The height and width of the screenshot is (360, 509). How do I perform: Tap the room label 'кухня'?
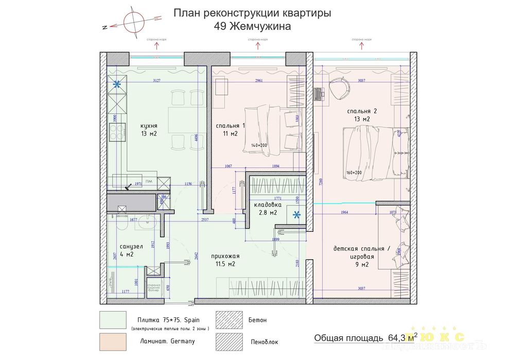click(x=149, y=125)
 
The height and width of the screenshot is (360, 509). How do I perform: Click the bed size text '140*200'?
click(x=259, y=146)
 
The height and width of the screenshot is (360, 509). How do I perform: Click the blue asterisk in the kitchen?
click(x=118, y=84)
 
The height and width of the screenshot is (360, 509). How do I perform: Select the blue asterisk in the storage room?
click(x=296, y=215)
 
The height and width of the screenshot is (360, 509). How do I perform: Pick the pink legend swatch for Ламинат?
click(x=113, y=341)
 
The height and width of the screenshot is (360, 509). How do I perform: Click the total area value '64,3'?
click(x=397, y=338)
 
